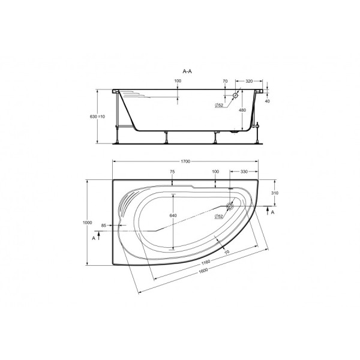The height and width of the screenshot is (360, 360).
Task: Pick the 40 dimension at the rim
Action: (268, 101)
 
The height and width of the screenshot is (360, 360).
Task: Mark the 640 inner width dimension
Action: (173, 215)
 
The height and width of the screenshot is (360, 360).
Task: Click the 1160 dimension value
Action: (205, 262)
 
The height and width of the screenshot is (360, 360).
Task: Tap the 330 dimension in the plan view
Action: (244, 172)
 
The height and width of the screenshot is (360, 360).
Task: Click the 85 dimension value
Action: (104, 226)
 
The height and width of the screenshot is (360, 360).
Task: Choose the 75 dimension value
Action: (172, 172)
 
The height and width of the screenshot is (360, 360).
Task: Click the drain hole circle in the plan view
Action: (230, 205)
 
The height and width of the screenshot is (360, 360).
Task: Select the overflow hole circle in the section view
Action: (236, 95)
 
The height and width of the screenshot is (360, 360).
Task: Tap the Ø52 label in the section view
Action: (220, 106)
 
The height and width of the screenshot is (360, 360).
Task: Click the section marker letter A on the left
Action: (94, 238)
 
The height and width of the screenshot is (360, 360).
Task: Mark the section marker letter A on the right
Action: (274, 212)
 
